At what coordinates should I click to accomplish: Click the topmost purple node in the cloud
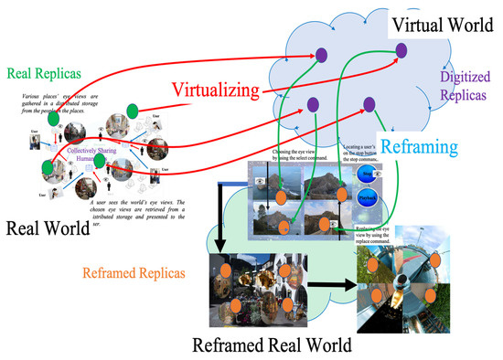[321, 57]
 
